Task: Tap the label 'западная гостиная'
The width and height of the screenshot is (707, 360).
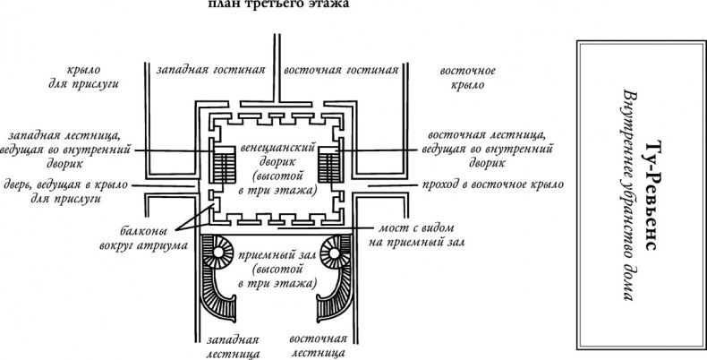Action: tap(213, 69)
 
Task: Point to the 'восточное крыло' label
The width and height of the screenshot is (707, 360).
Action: tap(463, 77)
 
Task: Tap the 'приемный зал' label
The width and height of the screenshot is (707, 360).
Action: tap(275, 268)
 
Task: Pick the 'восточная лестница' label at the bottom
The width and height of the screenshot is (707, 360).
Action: tap(318, 346)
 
